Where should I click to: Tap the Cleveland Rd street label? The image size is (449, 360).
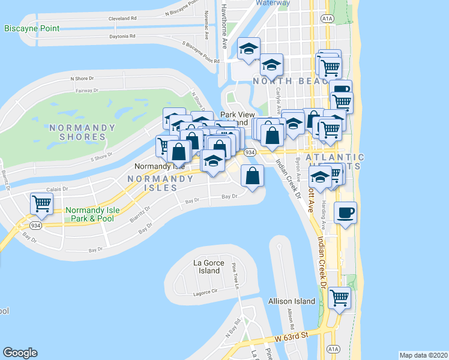click(x=122, y=19)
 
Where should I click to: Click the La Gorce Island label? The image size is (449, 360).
click(x=208, y=266)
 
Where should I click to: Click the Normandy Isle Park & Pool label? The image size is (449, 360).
click(x=93, y=214)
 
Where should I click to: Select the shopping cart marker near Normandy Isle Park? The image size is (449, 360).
click(x=42, y=204)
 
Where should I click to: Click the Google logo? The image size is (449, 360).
click(x=20, y=353)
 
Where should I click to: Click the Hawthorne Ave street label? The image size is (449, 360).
click(x=223, y=26)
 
